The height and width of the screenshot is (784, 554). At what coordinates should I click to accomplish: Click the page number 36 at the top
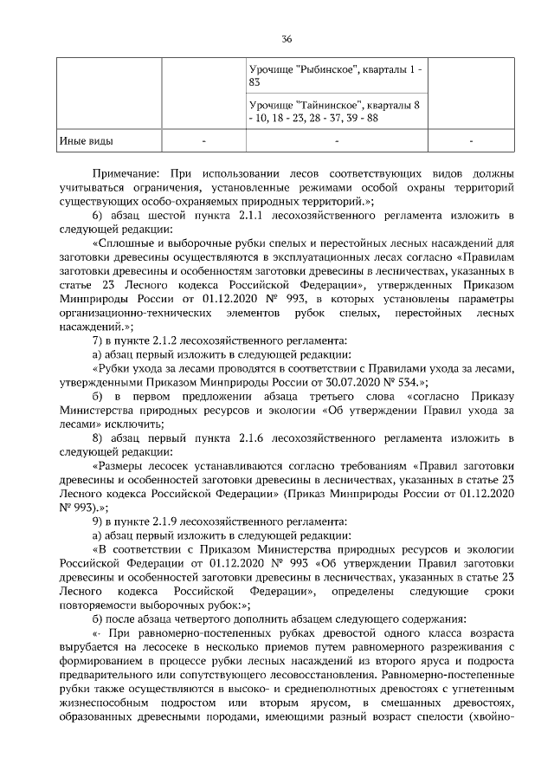tap(287, 39)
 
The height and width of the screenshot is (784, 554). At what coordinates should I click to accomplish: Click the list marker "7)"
tap(98, 340)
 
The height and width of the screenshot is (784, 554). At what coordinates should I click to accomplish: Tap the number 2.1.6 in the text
tap(264, 437)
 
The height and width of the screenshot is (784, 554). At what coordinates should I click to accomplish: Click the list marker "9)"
tap(98, 521)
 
